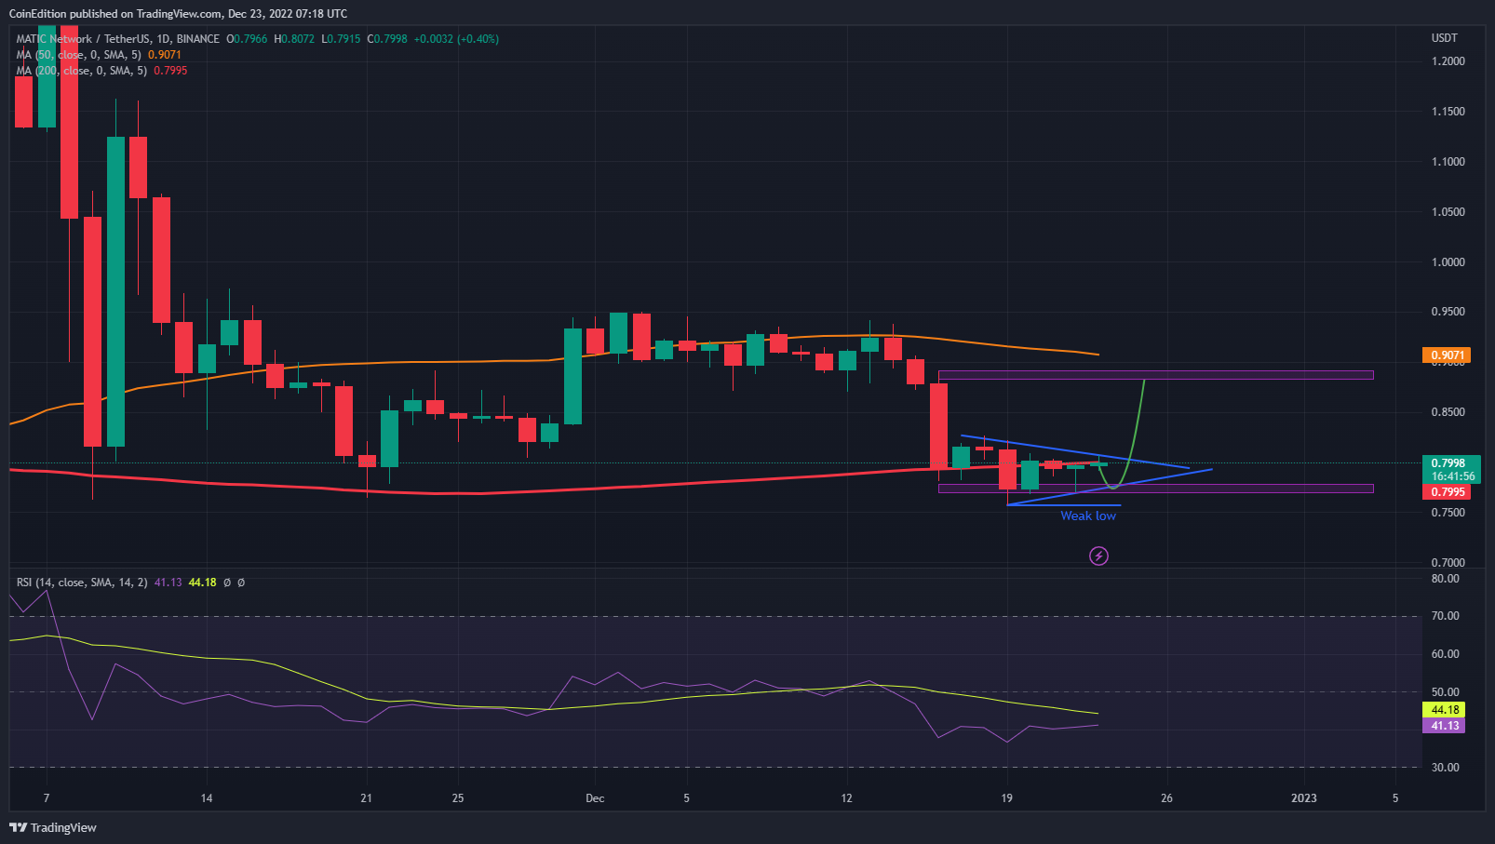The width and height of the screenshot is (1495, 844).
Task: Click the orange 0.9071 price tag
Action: click(1445, 355)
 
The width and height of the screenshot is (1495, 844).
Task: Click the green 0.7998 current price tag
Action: click(1445, 462)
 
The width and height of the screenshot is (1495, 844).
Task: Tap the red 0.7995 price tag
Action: click(1445, 492)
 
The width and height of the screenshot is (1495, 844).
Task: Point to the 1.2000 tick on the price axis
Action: click(1448, 61)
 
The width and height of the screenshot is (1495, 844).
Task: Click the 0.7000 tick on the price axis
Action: click(1448, 562)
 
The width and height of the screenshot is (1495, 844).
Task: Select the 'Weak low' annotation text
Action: click(1087, 516)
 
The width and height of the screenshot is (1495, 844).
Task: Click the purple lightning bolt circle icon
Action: click(1098, 556)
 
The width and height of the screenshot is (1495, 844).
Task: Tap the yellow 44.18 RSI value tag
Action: click(1444, 710)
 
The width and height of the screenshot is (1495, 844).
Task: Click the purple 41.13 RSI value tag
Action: click(1444, 726)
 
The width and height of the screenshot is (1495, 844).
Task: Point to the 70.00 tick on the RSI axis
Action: click(1445, 616)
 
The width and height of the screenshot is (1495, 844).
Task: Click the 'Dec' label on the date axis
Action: click(595, 798)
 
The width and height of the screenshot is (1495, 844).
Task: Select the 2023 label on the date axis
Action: click(1303, 798)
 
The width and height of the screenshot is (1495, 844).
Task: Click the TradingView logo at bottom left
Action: click(53, 827)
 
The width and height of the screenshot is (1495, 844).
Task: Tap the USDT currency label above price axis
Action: click(1444, 38)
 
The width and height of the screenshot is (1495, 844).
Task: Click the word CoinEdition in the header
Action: click(37, 14)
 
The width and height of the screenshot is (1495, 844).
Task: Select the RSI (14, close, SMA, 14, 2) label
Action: click(82, 583)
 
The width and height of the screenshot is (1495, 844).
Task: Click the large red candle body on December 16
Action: click(938, 426)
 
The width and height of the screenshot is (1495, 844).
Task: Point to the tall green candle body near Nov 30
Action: click(572, 376)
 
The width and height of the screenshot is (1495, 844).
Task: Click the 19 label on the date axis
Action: click(1006, 798)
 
